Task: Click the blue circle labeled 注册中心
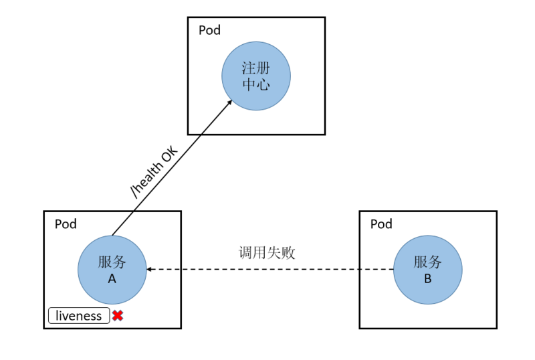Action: pos(256,76)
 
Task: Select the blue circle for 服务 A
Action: pos(112,270)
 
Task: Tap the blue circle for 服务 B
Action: pos(427,270)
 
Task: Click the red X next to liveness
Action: pos(118,316)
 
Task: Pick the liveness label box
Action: pos(78,316)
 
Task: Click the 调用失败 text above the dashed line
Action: pos(267,253)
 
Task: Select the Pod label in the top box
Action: pos(209,30)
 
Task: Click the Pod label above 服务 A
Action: pos(66,223)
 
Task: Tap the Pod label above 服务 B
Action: pos(381,223)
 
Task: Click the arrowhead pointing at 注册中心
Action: pos(229,102)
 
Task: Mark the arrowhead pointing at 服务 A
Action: pos(150,270)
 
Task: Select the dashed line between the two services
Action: pos(267,270)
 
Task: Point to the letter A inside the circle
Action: pos(112,279)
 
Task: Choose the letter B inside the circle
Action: pos(427,279)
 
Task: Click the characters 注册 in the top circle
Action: pos(256,68)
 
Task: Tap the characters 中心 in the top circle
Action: pos(256,85)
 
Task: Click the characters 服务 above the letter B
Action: pos(427,262)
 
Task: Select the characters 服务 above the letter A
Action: pos(112,262)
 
